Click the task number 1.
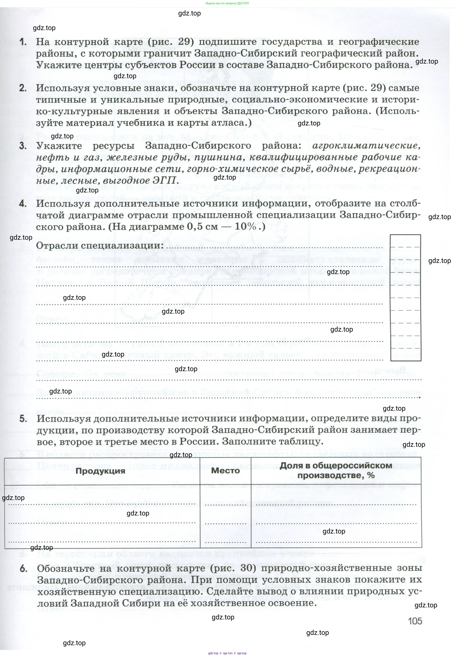[23, 42]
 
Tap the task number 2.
[23, 88]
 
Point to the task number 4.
[23, 203]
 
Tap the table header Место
[225, 471]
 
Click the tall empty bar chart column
[405, 297]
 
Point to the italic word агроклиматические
[366, 146]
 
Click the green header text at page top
[227, 3]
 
